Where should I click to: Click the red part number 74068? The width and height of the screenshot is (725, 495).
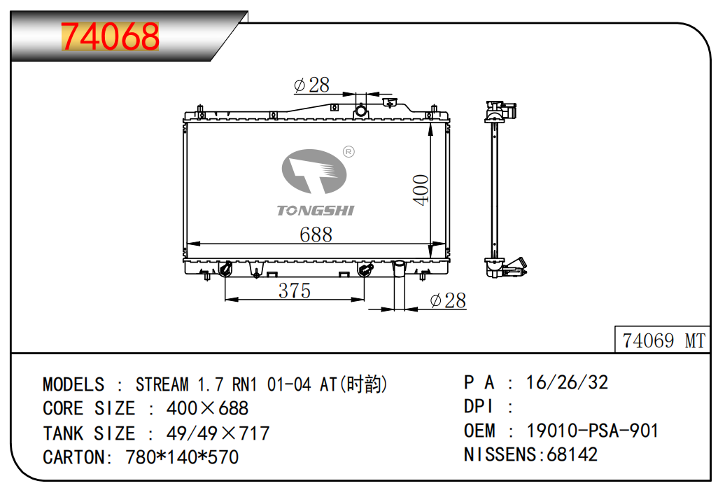point(110,36)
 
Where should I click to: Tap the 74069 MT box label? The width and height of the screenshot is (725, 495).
point(663,341)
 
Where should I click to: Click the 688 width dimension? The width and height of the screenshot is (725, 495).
point(316,235)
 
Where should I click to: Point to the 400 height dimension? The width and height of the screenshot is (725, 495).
point(421,190)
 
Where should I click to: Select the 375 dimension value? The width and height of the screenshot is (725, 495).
point(295,291)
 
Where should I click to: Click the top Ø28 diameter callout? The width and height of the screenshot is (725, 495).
point(311,85)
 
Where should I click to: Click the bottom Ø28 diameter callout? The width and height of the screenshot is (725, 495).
point(448,300)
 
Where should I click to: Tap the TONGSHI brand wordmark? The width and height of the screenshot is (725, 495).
point(316,211)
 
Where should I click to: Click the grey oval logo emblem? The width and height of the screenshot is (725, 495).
point(314,172)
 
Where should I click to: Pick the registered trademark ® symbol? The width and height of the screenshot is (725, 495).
point(349,152)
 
